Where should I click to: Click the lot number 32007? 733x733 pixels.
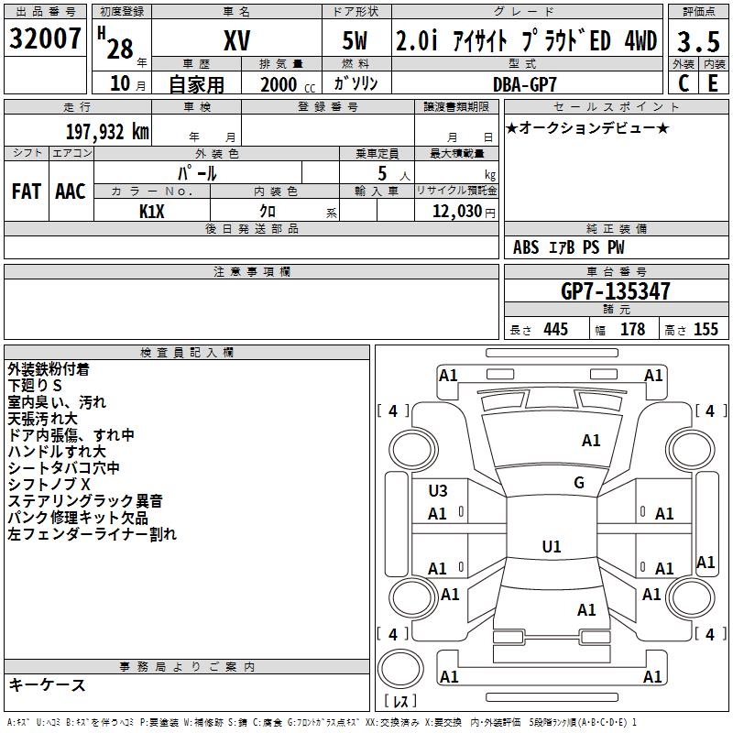click(46, 39)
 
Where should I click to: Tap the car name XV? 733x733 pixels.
click(236, 40)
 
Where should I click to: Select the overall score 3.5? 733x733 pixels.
click(698, 42)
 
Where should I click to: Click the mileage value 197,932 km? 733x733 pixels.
click(107, 132)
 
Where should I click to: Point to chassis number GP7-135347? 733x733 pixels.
click(615, 291)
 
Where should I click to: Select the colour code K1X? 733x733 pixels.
click(152, 212)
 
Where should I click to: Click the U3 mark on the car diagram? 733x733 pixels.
click(438, 491)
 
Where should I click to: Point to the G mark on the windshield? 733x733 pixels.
click(579, 483)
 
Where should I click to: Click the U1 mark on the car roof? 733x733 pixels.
click(552, 547)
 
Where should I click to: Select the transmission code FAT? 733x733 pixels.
click(26, 191)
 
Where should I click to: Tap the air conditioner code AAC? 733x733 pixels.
click(71, 191)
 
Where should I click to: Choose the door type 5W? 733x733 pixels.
click(356, 41)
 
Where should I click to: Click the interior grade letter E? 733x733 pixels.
click(713, 83)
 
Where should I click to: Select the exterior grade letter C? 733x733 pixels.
click(684, 83)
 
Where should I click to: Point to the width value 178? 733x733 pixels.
click(633, 330)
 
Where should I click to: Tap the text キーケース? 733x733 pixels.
click(47, 685)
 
